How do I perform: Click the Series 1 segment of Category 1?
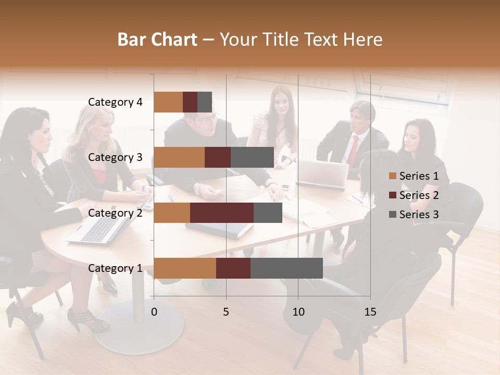coord(185,268)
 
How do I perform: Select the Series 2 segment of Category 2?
coord(222,213)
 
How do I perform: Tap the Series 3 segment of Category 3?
coord(252,157)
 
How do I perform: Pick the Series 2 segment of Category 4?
coord(190,102)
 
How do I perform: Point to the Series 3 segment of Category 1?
coord(286,268)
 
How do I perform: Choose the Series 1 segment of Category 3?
coord(179,157)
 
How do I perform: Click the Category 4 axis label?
coord(115,102)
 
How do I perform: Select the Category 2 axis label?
coord(115,213)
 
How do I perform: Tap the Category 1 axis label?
coord(115,268)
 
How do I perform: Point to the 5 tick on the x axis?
coord(226,312)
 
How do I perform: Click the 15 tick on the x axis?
coord(370,312)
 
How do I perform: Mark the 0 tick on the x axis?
coord(154,312)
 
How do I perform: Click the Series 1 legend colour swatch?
coord(392,176)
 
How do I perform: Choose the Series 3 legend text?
coord(419,215)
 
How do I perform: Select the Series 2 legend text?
coord(419,195)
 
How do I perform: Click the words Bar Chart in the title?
coord(157,40)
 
